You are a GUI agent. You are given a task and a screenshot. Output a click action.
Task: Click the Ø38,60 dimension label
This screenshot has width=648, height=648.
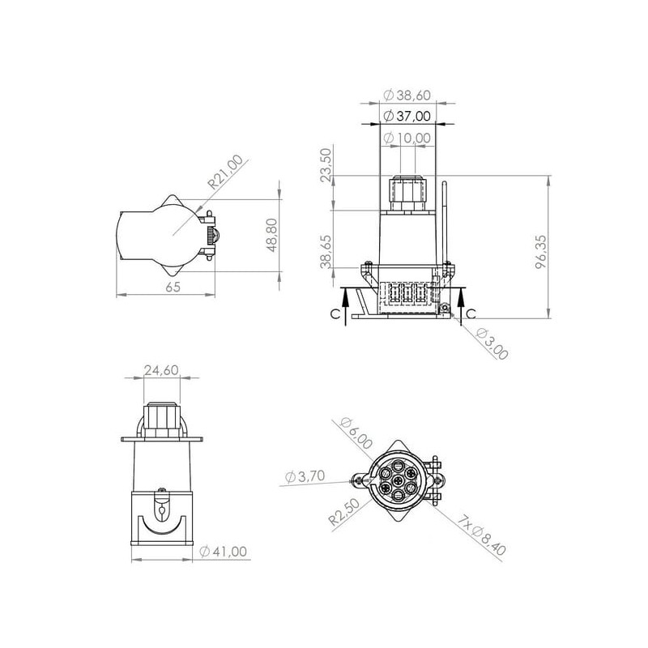(x=407, y=96)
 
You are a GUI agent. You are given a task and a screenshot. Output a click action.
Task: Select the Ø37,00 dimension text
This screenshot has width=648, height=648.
(x=407, y=116)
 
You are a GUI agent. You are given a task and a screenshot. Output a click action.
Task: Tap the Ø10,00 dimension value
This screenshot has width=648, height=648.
(x=407, y=138)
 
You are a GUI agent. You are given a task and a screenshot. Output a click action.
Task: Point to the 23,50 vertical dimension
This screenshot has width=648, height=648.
(x=326, y=165)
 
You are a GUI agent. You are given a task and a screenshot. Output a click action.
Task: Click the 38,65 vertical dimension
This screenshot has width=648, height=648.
(x=326, y=252)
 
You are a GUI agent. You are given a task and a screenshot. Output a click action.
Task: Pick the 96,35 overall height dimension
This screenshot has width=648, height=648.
(x=541, y=252)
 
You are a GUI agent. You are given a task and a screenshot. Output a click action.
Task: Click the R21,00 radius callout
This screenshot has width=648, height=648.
(x=226, y=172)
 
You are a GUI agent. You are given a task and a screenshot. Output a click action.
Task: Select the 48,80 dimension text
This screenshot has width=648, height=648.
(x=272, y=235)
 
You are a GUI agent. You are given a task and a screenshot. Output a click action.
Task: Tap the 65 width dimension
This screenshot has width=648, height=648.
(x=173, y=287)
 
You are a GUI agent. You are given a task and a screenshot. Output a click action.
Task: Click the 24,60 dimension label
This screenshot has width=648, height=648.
(x=161, y=370)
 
